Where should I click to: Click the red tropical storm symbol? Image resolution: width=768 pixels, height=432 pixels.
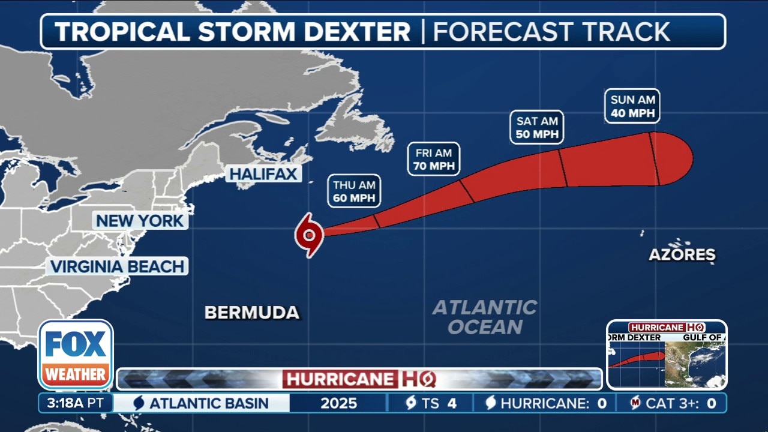pos(309,235)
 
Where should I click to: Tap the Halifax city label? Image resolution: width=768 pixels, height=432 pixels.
pos(263,174)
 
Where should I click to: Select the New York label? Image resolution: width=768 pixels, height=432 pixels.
pos(140,221)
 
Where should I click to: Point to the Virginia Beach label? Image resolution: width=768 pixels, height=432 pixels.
pos(117,266)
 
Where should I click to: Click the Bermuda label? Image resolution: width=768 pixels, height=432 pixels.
pos(251,313)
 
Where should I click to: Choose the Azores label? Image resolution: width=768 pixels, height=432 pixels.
pos(682,254)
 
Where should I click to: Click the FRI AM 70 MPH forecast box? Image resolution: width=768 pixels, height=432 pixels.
pos(434,160)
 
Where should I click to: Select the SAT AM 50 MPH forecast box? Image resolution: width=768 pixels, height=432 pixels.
pos(537,127)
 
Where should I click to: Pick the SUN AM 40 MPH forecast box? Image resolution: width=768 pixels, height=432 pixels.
pos(632,106)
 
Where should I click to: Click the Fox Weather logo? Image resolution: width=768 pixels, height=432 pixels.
pos(76,355)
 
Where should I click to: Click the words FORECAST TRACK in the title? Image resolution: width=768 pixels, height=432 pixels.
pos(551,31)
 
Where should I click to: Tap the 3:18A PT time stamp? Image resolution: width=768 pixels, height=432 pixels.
pos(75,403)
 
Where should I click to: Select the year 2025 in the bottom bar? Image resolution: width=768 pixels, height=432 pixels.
pos(338,403)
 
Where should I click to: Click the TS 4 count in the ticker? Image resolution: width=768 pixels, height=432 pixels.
pos(430,403)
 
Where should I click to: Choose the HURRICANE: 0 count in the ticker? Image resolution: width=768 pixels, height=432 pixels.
pos(545,403)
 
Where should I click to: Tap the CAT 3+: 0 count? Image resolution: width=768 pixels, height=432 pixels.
pos(673,403)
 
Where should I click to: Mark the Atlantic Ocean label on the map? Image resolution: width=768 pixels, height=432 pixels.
pos(485,317)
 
